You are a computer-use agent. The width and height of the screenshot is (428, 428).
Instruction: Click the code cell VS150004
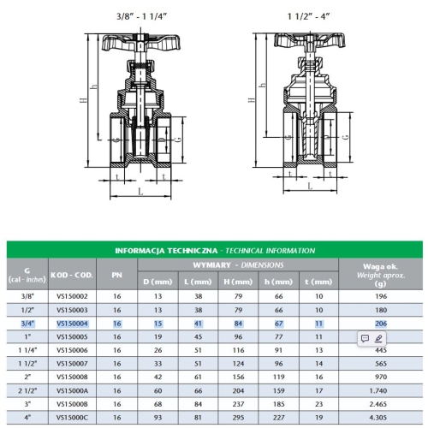(x=72, y=324)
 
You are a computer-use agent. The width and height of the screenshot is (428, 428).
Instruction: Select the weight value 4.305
(x=378, y=418)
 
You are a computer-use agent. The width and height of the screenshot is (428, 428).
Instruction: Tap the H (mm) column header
(x=238, y=282)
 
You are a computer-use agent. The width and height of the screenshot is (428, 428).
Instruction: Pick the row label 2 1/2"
(x=27, y=390)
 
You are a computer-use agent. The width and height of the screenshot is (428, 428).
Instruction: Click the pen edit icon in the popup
(x=378, y=338)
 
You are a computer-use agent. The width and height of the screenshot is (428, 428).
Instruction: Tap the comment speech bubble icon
(x=365, y=338)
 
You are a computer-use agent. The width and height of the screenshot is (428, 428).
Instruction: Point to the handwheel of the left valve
(x=141, y=43)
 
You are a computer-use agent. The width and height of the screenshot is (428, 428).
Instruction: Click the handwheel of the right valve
(x=310, y=40)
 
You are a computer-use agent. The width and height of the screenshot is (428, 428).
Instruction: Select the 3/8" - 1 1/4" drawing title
(x=141, y=16)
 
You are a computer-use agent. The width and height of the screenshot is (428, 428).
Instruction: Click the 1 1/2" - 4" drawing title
(x=308, y=16)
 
